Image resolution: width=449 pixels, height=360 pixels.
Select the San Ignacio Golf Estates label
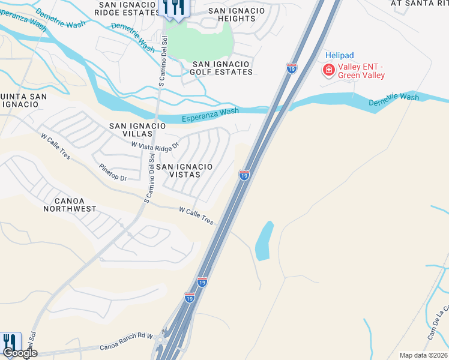222,68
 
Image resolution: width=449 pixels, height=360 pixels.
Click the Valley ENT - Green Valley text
361,71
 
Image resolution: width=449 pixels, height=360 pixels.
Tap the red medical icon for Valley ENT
328,71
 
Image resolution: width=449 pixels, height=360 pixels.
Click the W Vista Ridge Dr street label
155,146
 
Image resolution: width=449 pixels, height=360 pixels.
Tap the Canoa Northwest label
70,205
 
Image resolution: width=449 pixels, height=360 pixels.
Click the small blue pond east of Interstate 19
264,241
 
